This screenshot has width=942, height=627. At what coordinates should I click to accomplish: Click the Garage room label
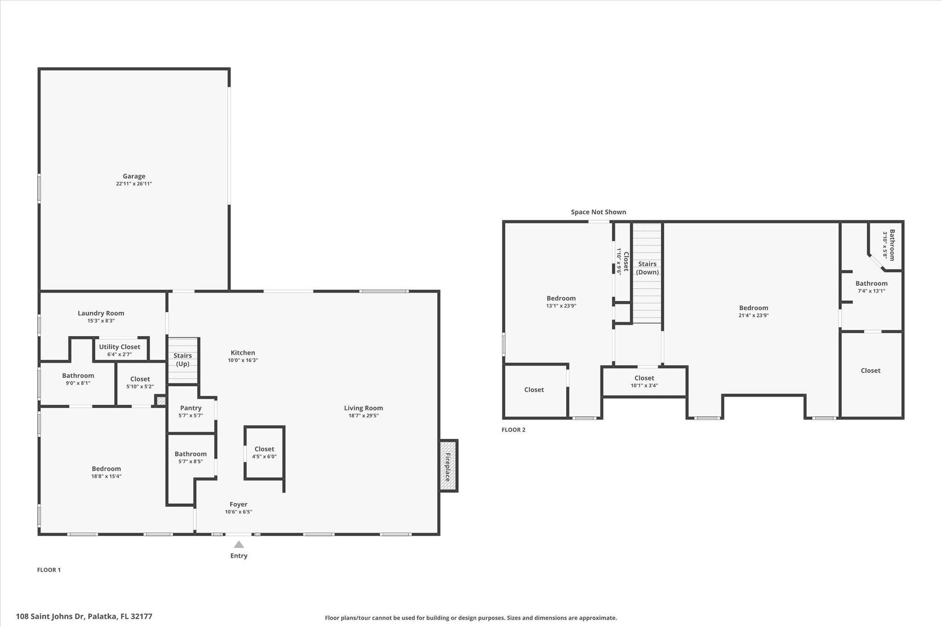(134, 176)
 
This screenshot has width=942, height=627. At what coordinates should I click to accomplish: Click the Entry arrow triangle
(239, 544)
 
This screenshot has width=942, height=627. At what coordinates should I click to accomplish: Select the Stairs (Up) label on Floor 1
(183, 359)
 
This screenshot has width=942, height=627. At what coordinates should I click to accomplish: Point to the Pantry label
(191, 408)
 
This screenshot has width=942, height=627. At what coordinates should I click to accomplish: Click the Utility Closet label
(120, 347)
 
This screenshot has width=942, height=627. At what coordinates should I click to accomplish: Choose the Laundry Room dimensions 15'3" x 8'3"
(101, 321)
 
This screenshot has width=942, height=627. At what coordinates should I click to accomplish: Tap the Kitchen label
(243, 352)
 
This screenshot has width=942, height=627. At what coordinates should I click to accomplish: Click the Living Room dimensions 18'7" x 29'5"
(364, 416)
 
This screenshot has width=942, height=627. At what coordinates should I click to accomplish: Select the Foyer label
(238, 504)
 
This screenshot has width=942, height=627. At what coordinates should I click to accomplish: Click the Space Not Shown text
(599, 212)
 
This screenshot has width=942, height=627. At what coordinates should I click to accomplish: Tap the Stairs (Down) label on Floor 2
(648, 268)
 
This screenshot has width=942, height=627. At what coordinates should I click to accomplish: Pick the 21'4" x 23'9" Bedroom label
(754, 308)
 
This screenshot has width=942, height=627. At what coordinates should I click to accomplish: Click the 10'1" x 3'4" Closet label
(644, 378)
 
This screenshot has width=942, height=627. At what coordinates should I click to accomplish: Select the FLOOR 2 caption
(513, 430)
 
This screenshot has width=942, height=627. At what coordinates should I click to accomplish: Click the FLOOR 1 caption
(49, 570)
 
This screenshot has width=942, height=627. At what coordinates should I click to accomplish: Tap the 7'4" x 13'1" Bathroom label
(871, 283)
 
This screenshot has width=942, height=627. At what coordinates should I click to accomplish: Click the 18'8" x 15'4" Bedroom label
(106, 469)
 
